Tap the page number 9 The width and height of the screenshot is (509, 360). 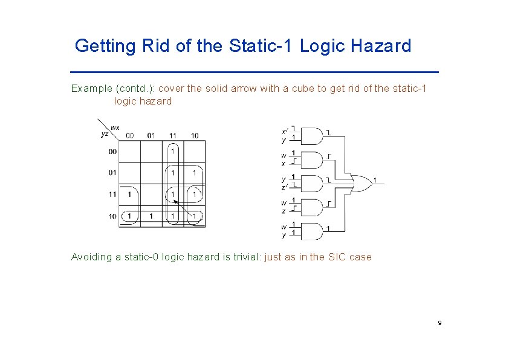439,323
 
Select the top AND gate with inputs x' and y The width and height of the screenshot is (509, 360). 311,137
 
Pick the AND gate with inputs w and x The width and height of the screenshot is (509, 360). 311,159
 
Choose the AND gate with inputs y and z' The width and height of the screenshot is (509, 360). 311,183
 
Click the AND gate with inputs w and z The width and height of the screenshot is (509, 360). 311,207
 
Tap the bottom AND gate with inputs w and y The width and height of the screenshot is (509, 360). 311,231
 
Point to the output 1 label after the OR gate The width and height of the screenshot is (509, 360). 375,180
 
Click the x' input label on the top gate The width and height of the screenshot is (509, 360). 285,131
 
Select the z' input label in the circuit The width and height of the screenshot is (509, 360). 285,187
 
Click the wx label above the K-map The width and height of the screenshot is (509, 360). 115,127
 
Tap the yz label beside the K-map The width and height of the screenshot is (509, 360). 105,134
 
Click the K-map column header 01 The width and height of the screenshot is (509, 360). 151,135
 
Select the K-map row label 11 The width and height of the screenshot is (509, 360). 113,194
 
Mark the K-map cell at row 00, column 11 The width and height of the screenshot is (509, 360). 173,151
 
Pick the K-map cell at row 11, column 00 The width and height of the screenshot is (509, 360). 129,194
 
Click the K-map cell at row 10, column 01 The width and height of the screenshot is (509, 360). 151,216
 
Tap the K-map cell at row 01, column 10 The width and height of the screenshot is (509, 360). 194,173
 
